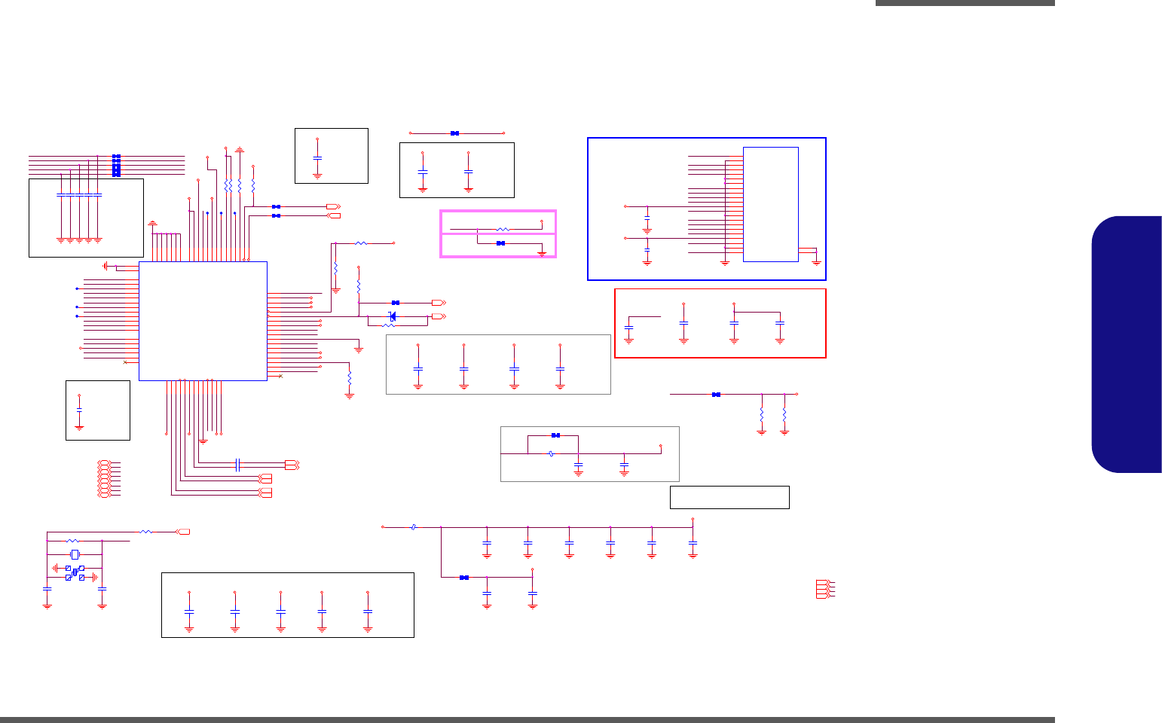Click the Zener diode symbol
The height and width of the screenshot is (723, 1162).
tap(392, 315)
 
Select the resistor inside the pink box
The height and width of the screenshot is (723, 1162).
tap(503, 228)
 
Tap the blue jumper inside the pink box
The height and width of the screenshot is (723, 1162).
tap(500, 243)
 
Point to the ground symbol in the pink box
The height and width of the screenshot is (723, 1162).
tap(542, 255)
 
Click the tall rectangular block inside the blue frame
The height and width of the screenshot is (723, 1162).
tap(770, 204)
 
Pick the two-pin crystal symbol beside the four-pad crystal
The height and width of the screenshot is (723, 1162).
tap(74, 555)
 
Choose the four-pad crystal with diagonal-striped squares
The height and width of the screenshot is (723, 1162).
tap(75, 572)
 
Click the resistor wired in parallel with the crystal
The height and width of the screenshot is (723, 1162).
tap(72, 541)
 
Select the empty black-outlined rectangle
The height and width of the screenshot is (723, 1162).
tap(729, 497)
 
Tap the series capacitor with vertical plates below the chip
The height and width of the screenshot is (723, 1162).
tap(237, 465)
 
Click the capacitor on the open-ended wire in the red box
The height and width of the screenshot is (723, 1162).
tap(628, 328)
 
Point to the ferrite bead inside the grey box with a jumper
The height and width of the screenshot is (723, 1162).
tap(552, 453)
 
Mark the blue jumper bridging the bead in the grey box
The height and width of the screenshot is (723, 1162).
tap(555, 435)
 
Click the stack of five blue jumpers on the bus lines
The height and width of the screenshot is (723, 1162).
tap(116, 166)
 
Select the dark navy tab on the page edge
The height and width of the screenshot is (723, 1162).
tap(1126, 344)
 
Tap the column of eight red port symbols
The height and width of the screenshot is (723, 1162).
tap(104, 478)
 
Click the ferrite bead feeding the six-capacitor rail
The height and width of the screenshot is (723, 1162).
tap(414, 527)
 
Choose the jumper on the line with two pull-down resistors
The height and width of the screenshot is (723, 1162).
tap(716, 394)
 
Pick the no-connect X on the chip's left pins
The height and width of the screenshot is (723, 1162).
tap(124, 362)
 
